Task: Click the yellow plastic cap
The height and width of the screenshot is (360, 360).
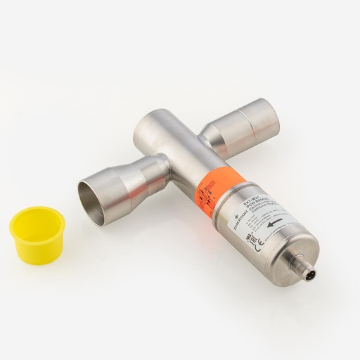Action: [x=37, y=236]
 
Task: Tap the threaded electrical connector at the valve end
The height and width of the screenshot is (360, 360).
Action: [x=309, y=273]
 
